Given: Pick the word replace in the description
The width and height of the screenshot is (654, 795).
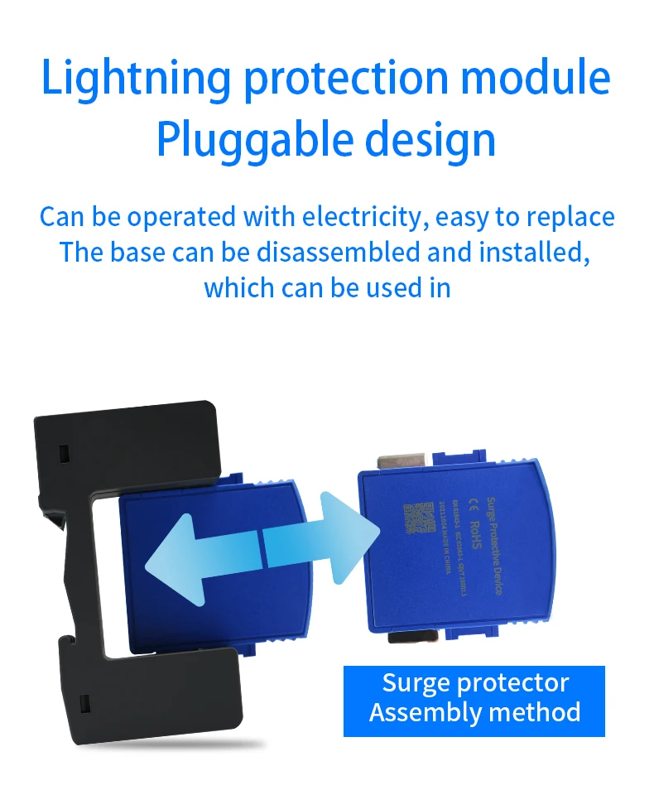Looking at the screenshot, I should (x=570, y=217).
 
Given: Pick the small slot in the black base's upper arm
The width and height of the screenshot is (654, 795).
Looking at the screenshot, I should (x=64, y=453).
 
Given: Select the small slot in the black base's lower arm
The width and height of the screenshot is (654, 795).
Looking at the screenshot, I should (x=84, y=705).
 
